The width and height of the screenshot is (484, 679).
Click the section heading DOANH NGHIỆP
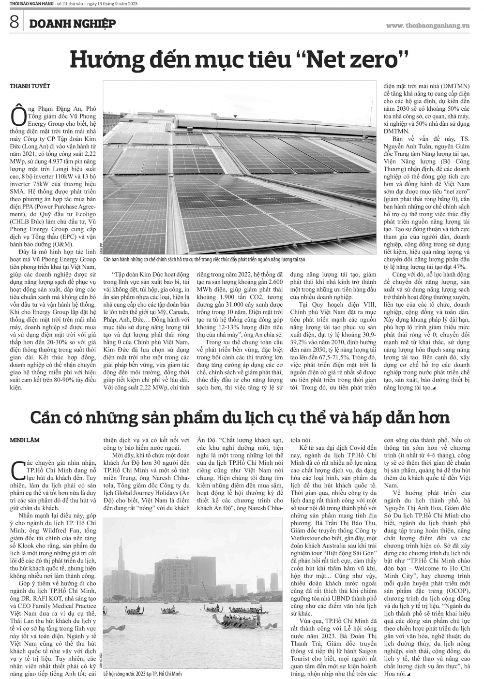(72, 23)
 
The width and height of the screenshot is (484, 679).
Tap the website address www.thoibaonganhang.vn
(428, 25)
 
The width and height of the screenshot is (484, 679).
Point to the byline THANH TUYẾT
(30, 86)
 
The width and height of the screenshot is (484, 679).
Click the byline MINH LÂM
(25, 440)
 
